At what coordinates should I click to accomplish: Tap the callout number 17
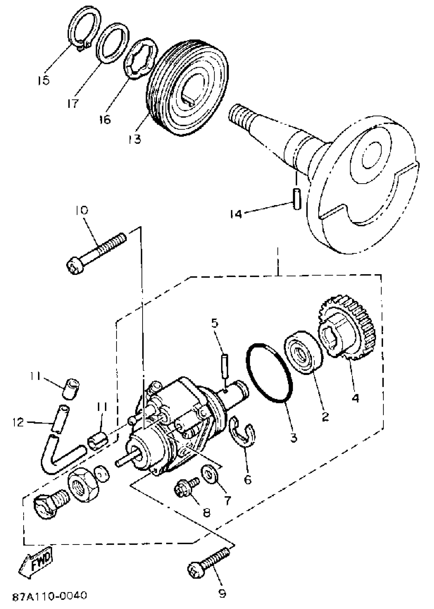[x=73, y=103]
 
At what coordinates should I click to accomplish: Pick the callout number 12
[x=18, y=423]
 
